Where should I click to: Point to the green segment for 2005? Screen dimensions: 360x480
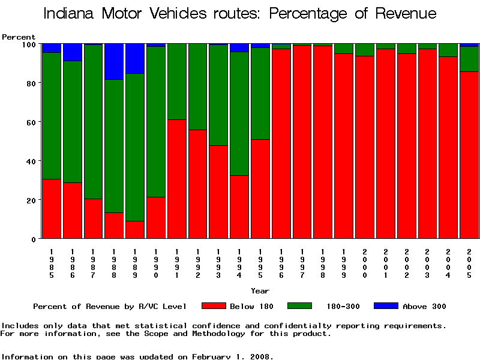469,59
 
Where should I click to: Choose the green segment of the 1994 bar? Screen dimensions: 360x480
239,113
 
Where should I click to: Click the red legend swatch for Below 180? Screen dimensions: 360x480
214,306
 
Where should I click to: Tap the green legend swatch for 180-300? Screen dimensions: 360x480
300,306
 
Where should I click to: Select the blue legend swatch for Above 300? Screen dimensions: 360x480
386,306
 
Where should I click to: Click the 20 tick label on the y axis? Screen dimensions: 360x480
31,200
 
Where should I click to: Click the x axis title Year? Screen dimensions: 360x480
260,291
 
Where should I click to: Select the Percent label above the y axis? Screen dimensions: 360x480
19,37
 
